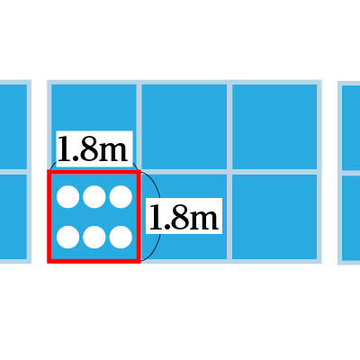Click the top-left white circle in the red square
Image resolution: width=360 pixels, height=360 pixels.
tap(68, 197)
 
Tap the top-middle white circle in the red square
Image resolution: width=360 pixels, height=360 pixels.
tap(94, 197)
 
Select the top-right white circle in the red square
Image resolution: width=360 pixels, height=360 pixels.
tap(121, 197)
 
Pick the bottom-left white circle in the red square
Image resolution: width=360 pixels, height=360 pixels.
tap(68, 238)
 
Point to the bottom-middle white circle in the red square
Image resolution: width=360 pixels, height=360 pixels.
tap(94, 238)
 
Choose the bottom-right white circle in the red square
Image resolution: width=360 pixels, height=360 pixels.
tap(121, 238)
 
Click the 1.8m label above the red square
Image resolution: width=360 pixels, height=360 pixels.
tap(93, 148)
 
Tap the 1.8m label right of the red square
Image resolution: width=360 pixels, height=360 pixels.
tap(184, 216)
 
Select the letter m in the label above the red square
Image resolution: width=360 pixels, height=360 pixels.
tap(112, 151)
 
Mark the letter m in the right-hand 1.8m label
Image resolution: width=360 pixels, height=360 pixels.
tap(203, 219)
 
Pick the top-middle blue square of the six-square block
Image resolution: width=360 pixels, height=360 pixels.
tap(184, 127)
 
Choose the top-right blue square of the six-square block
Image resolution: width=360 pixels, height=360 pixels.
tap(274, 127)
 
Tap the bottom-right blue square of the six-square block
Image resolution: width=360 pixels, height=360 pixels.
tap(274, 217)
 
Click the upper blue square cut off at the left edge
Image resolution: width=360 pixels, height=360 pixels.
tap(13, 127)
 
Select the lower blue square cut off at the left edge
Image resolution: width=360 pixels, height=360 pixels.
tap(13, 217)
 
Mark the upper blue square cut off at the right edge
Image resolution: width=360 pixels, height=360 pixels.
tap(351, 128)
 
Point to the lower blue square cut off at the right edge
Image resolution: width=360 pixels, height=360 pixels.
tap(351, 218)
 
